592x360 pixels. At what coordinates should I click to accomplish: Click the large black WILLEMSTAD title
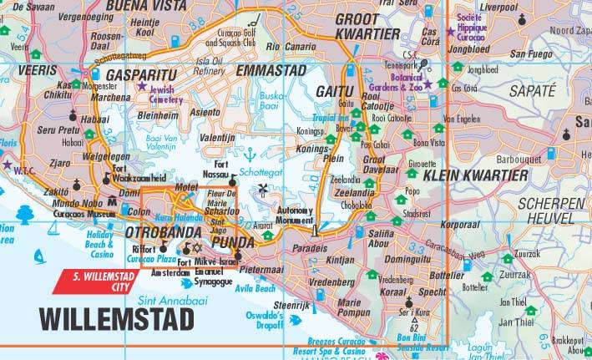coord(117,318)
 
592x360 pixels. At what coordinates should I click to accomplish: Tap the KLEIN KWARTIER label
coord(476,175)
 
